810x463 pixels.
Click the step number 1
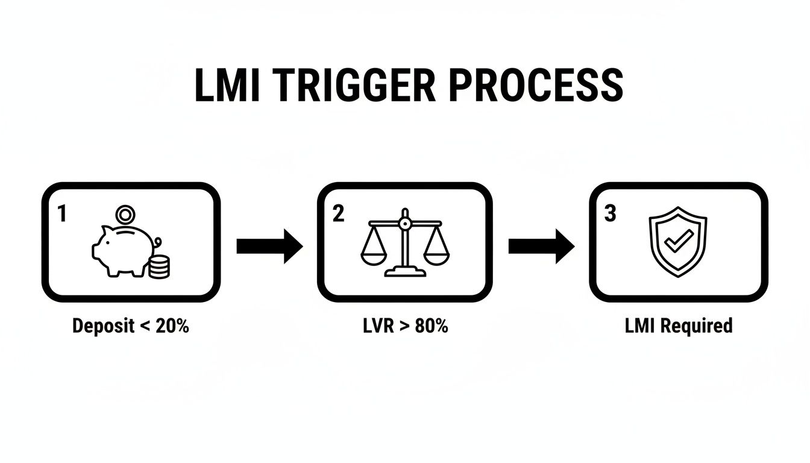coord(61,213)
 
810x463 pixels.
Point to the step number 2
coord(338,213)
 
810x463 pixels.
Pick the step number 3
coord(610,213)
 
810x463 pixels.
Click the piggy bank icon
coord(121,249)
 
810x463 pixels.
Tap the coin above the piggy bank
coord(125,214)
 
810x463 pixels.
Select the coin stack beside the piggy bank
coord(159,266)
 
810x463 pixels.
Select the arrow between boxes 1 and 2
coord(269,246)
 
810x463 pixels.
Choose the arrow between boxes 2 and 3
coord(541,246)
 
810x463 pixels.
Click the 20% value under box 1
coord(172,326)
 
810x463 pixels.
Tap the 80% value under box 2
coord(431,326)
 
